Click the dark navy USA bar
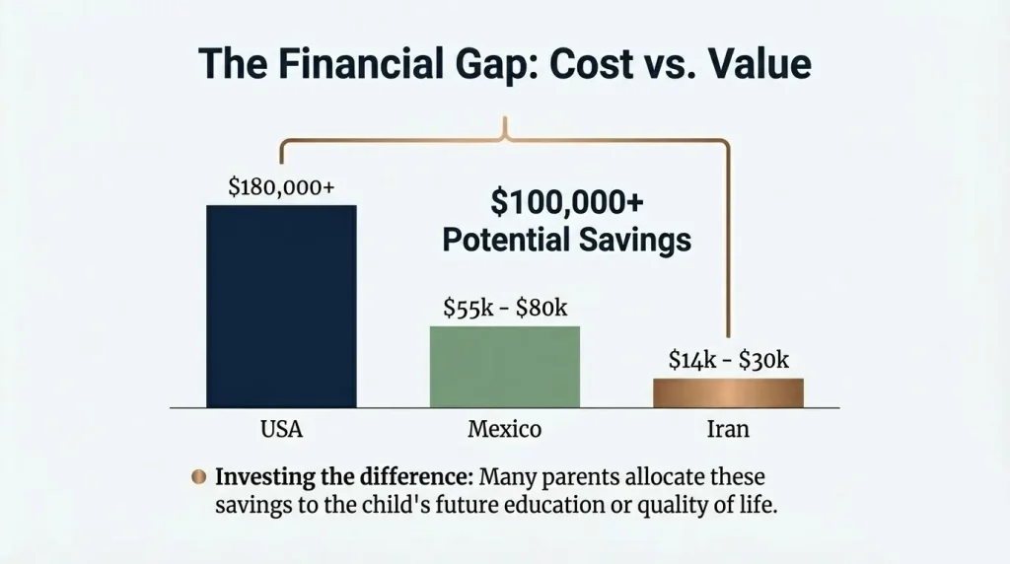(x=281, y=306)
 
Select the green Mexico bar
(x=505, y=366)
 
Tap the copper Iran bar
(x=728, y=392)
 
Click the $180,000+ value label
(x=280, y=187)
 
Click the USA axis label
(x=281, y=430)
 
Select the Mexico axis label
(x=504, y=430)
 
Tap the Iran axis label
(x=728, y=430)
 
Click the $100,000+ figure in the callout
(x=567, y=203)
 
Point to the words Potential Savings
(x=566, y=240)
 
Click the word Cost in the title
(x=581, y=63)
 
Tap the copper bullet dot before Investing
(x=198, y=477)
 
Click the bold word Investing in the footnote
(x=261, y=477)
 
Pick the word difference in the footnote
(x=407, y=477)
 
